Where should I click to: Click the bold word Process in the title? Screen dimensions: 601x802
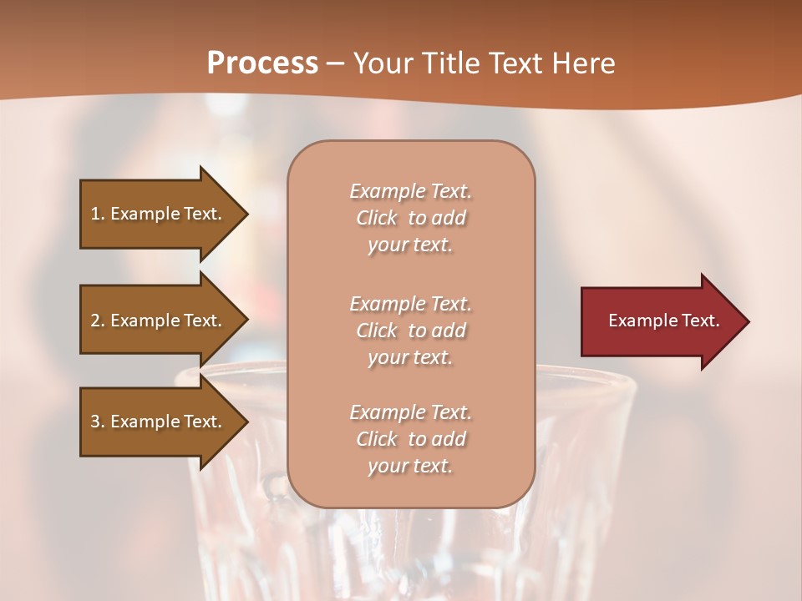(x=262, y=63)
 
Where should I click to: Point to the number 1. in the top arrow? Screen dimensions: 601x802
(x=98, y=214)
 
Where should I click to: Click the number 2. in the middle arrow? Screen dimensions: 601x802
(x=98, y=321)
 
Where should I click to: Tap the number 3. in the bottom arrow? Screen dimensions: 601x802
(x=98, y=422)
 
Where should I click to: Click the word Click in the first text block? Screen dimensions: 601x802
(x=377, y=218)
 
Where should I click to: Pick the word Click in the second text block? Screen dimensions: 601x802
(x=377, y=331)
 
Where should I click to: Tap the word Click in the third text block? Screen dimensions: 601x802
(x=377, y=439)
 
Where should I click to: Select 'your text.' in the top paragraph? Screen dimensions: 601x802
(x=410, y=245)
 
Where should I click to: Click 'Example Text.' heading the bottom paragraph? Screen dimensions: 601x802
(x=410, y=412)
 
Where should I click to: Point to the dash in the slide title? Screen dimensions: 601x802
(x=335, y=63)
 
